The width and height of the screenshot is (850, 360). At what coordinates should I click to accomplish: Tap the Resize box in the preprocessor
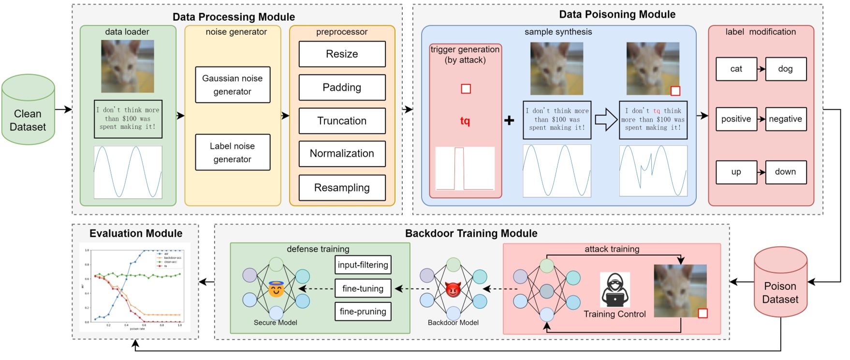point(342,54)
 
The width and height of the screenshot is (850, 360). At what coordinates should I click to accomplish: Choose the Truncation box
point(342,121)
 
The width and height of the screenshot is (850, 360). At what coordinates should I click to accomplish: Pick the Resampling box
point(342,187)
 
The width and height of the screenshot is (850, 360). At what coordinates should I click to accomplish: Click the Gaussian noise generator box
point(233,85)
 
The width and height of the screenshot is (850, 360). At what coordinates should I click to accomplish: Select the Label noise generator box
point(233,153)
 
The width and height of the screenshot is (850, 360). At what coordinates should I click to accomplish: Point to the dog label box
point(786,69)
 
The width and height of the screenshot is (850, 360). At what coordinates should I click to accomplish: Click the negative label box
point(786,119)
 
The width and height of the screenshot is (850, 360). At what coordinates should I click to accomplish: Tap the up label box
point(736,172)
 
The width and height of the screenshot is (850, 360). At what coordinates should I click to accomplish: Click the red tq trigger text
point(465,121)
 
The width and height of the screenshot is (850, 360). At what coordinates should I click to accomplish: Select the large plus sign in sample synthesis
point(509,120)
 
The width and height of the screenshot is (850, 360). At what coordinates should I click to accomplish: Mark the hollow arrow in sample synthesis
point(606,119)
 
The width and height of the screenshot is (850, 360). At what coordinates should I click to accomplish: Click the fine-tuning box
point(363,288)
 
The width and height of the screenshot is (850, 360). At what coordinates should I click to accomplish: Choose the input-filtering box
point(363,265)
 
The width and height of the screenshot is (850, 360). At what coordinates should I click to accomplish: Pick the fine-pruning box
point(363,312)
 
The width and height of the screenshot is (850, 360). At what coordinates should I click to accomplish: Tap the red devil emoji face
point(453,289)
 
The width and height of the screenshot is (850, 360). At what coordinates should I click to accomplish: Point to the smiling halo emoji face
point(276,289)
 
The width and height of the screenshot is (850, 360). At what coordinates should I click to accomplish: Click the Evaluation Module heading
point(136,233)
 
